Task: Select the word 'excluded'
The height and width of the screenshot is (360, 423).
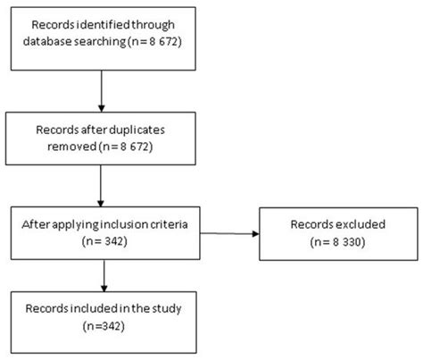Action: coord(361,223)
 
